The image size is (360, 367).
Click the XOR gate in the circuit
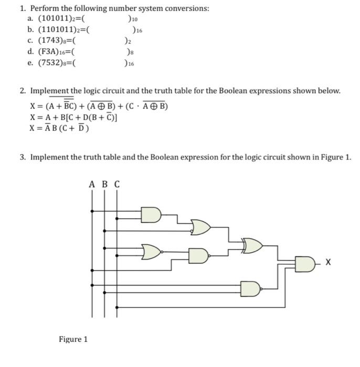click(252, 245)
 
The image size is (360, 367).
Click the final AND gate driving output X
click(304, 263)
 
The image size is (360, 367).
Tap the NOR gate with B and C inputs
click(152, 251)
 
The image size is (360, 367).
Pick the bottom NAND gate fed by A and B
click(250, 289)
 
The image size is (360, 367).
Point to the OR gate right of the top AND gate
click(202, 227)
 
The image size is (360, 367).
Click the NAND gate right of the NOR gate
click(199, 255)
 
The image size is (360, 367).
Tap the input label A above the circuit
click(92, 184)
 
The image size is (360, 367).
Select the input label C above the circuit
click(117, 184)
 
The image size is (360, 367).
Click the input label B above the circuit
click(104, 184)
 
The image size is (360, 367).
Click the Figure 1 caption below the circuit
click(73, 339)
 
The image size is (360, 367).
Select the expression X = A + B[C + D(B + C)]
click(74, 117)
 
